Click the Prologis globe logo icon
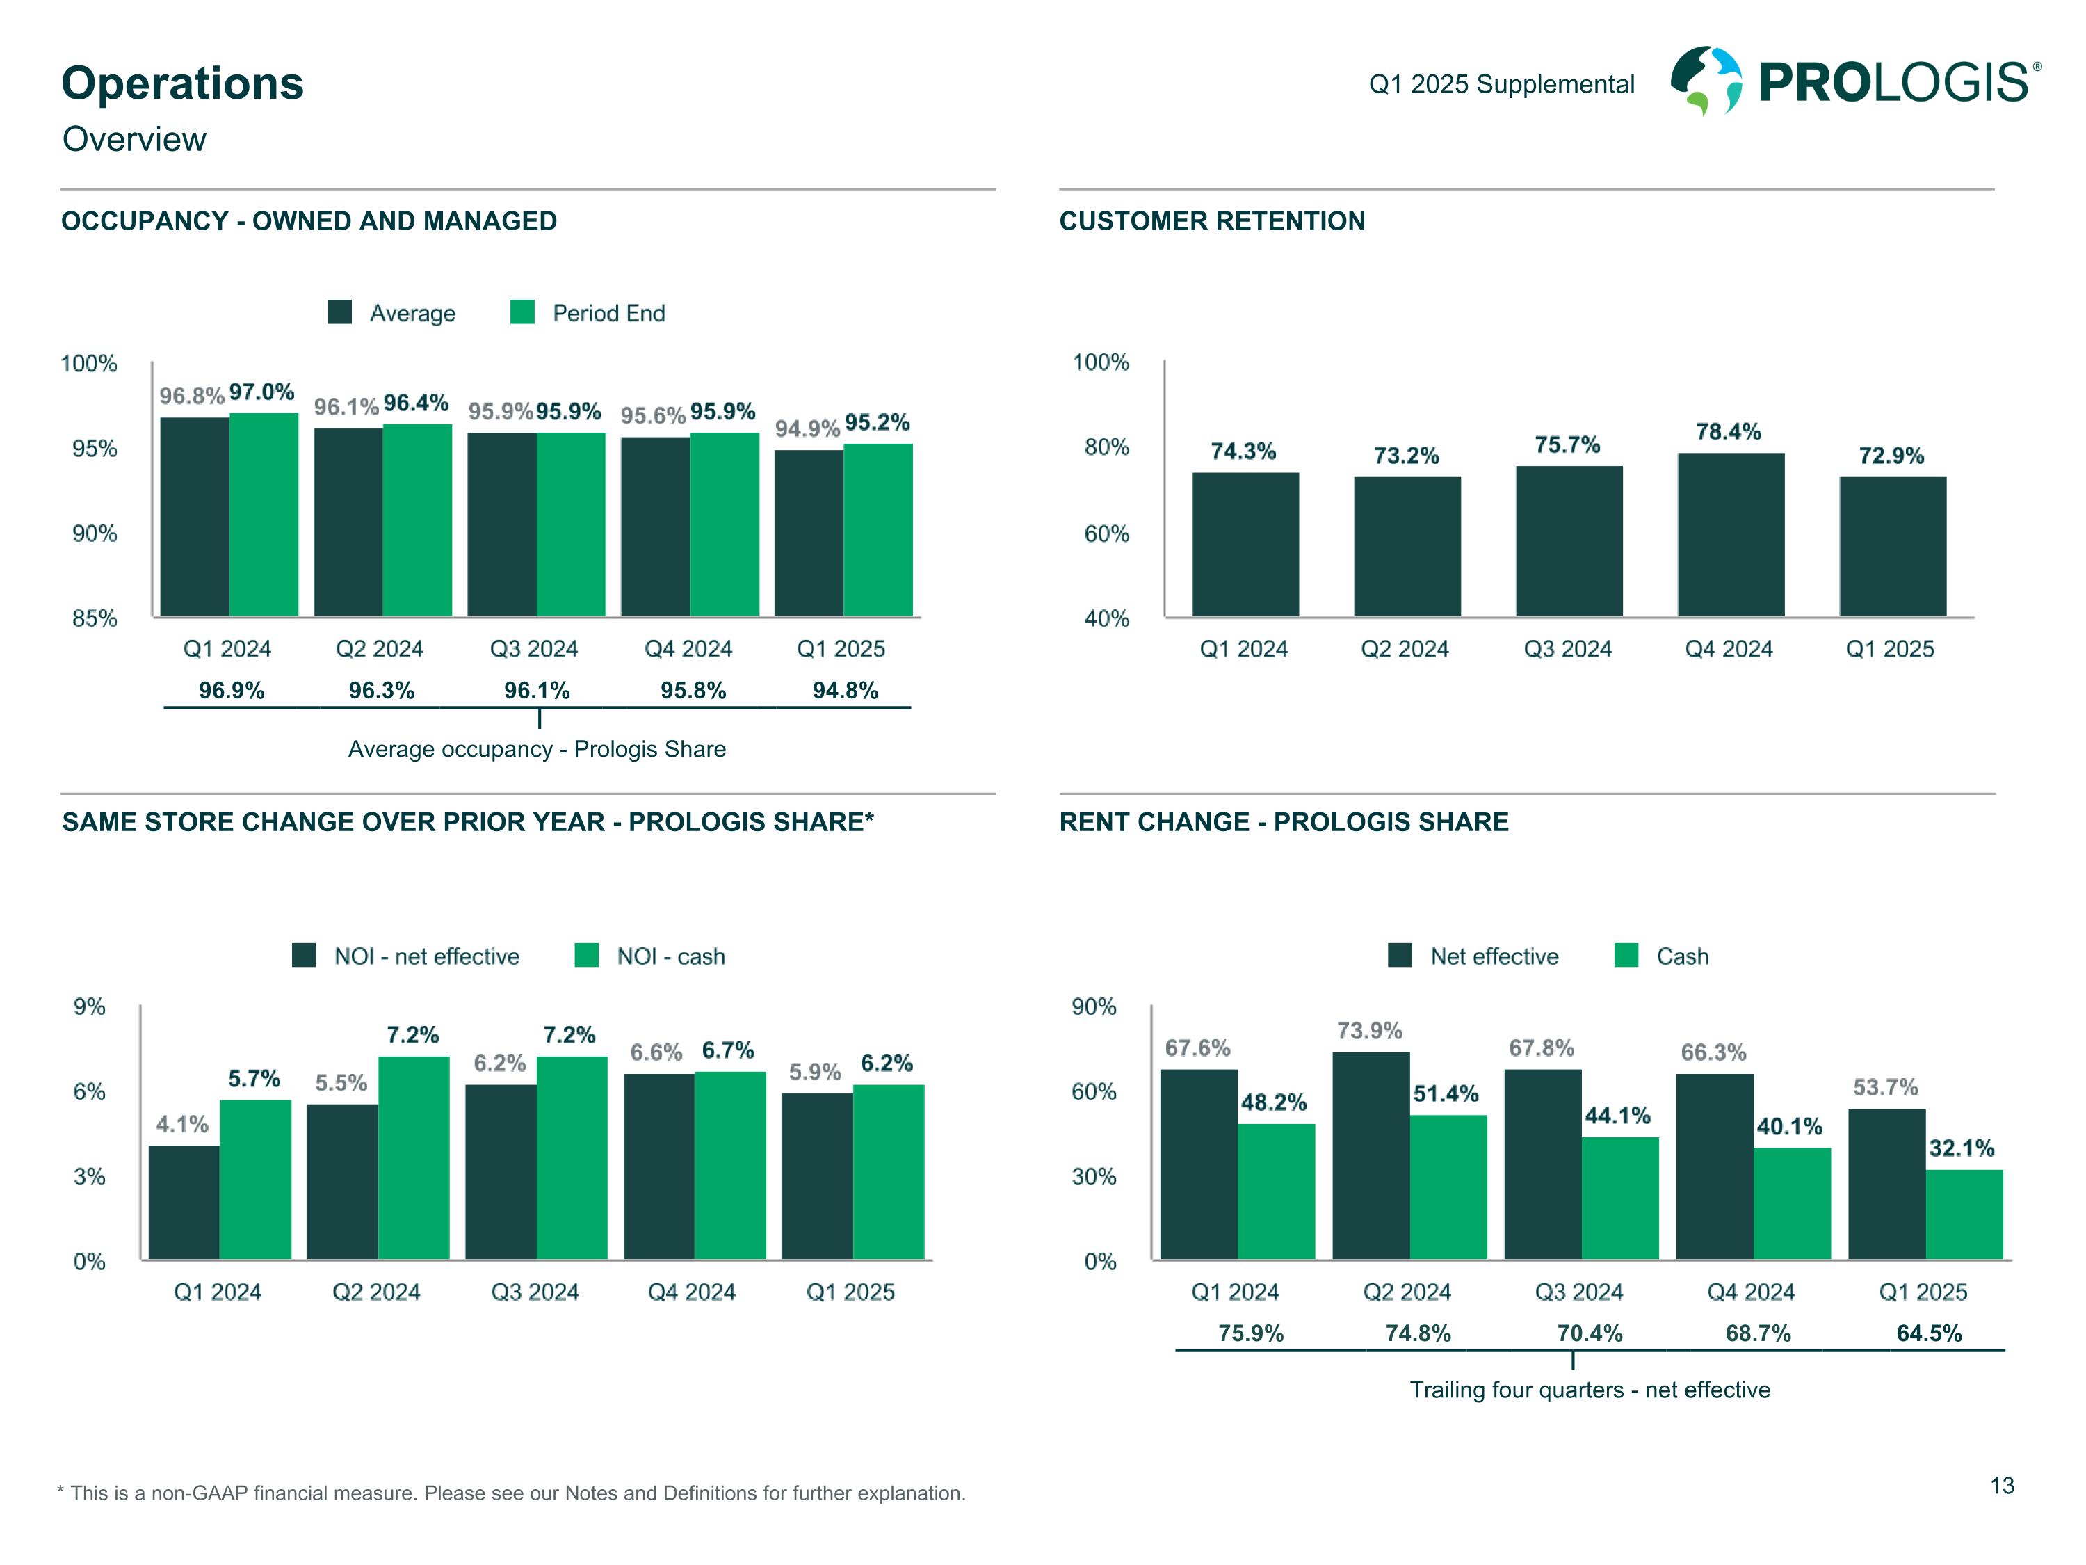[x=1705, y=79]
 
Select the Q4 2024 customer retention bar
[x=1731, y=535]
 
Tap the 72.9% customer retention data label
[x=1891, y=456]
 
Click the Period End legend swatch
[x=522, y=312]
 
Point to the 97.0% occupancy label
[x=261, y=392]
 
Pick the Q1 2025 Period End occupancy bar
[x=878, y=529]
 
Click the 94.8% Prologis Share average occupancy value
[x=845, y=691]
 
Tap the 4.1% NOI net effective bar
[x=184, y=1202]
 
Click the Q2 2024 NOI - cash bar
[x=413, y=1157]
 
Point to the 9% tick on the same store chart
[x=90, y=1006]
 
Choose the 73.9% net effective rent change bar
[x=1371, y=1155]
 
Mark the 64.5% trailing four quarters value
[x=1929, y=1333]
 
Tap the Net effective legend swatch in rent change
[x=1400, y=956]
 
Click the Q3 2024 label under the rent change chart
[x=1578, y=1292]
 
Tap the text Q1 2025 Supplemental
[x=1501, y=85]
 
